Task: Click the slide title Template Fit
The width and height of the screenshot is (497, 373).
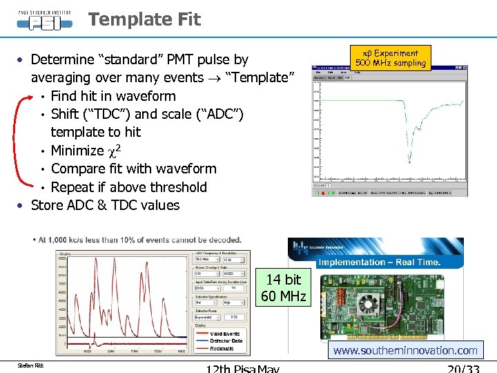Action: click(144, 19)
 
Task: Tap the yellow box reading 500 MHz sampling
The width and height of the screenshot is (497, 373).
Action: click(391, 59)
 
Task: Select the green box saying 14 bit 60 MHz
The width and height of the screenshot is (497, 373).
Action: click(283, 288)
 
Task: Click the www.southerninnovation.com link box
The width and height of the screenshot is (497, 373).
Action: click(405, 350)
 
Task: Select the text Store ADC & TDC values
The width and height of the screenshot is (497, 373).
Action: click(105, 205)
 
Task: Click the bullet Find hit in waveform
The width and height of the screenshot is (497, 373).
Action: click(113, 96)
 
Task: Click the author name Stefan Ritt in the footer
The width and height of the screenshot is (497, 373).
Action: click(31, 364)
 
